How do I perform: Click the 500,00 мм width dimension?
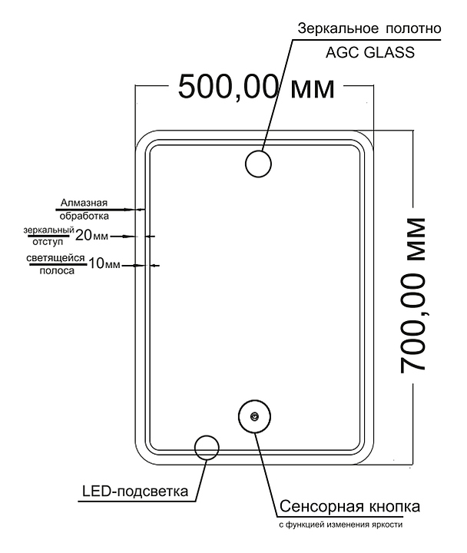(x=257, y=87)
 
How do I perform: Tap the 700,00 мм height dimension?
(x=412, y=295)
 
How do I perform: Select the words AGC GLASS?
(x=370, y=52)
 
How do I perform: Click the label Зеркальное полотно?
(x=369, y=28)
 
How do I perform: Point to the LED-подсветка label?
(x=135, y=492)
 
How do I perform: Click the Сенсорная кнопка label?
(x=350, y=506)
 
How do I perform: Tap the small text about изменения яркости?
(x=341, y=525)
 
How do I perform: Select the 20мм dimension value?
(x=91, y=235)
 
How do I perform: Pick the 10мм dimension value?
(x=104, y=263)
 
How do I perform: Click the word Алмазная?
(x=84, y=203)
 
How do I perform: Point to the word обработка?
(x=84, y=216)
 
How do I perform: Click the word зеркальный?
(x=48, y=230)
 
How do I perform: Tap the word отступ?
(x=48, y=242)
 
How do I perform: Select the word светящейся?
(x=56, y=258)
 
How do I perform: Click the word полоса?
(x=57, y=271)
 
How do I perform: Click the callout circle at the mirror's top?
(x=258, y=151)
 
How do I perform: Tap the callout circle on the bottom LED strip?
(x=207, y=435)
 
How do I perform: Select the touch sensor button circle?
(x=254, y=400)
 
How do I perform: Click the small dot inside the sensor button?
(x=253, y=416)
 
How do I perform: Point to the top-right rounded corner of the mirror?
(x=368, y=137)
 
